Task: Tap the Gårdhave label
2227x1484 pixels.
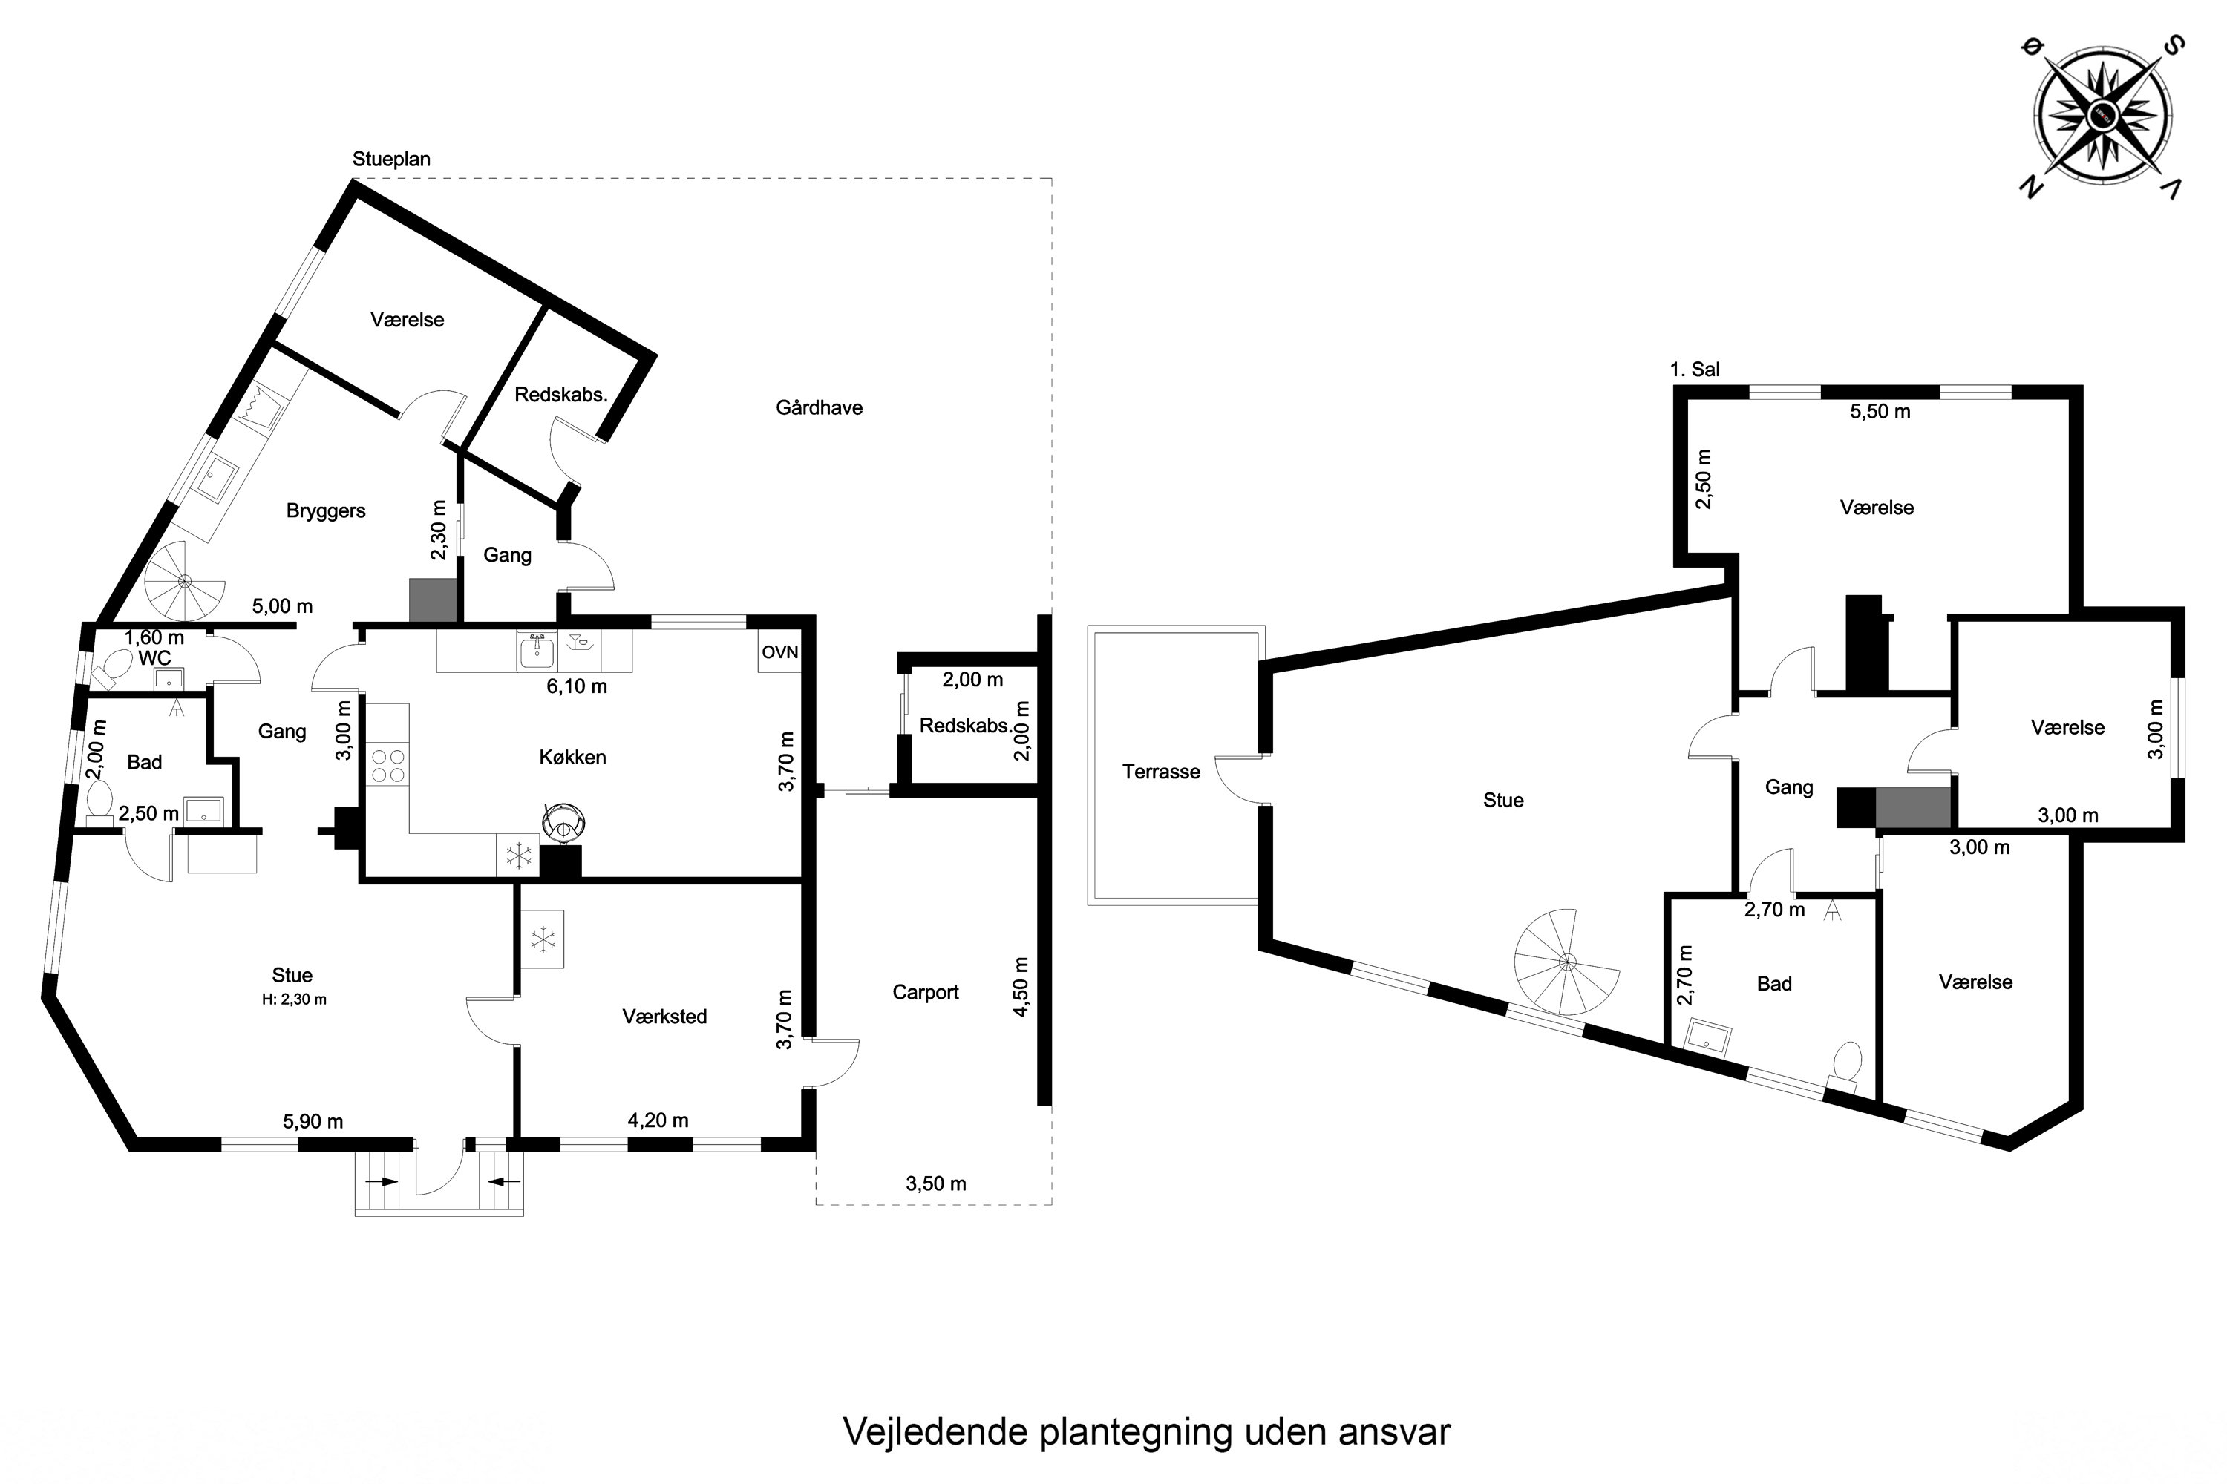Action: pos(819,408)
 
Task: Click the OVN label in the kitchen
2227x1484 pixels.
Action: pos(780,652)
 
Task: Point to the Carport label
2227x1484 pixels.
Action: pos(925,992)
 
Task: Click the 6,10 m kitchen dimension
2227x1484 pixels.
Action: pos(577,686)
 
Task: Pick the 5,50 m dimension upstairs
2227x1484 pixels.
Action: pos(1880,412)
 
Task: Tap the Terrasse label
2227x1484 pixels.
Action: pos(1161,772)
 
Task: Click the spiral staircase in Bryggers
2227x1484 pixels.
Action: pos(186,580)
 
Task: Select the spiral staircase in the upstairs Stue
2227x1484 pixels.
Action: pos(1566,962)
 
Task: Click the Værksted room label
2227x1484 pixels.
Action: pos(664,1017)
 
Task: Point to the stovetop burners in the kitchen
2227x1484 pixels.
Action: pos(388,766)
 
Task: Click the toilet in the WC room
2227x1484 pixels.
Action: pos(109,669)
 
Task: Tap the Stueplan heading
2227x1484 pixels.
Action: pos(391,159)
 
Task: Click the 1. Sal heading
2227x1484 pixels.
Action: pos(1695,369)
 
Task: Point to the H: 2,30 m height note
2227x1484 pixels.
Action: pos(295,999)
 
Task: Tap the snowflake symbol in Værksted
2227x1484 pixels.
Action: pos(543,940)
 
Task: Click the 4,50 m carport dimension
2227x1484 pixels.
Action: pos(1021,987)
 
